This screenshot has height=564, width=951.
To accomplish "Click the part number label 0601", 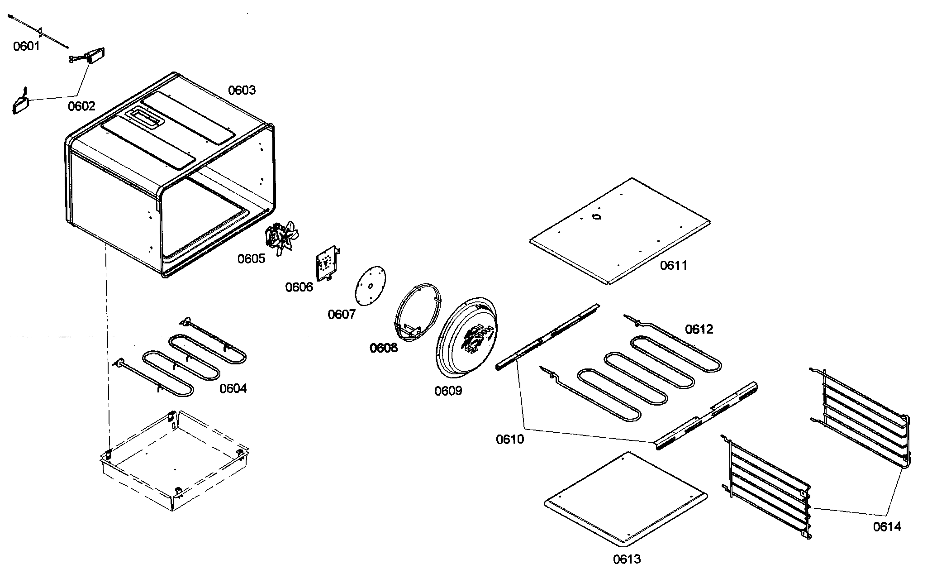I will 26,46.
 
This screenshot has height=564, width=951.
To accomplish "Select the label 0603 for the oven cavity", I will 242,90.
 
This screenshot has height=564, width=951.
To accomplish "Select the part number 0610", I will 510,439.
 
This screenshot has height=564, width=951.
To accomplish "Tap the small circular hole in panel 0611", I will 597,218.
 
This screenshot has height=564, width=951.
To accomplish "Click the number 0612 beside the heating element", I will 699,329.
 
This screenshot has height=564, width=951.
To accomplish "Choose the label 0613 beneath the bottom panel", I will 627,559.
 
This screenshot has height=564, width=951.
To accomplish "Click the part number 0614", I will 887,526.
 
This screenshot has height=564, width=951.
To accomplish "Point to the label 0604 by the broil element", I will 233,388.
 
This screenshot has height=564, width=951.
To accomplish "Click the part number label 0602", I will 81,106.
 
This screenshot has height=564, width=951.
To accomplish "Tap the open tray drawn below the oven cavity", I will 174,462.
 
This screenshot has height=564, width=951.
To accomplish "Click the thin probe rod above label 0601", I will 38,31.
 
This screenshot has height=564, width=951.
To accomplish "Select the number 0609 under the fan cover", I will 448,391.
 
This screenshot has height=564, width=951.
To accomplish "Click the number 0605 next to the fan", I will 251,258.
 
